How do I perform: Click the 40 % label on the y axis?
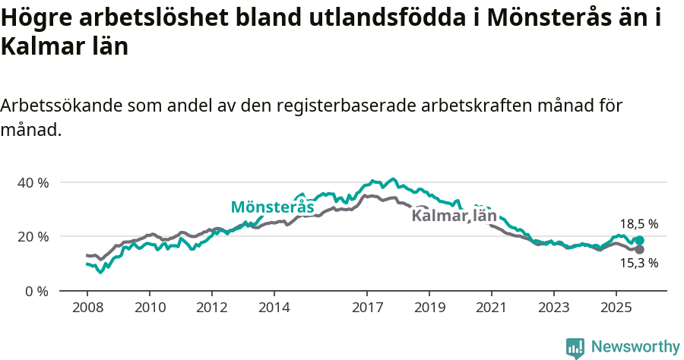tap(33, 183)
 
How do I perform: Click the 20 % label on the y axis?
tap(33, 237)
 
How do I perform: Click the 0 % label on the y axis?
tap(36, 291)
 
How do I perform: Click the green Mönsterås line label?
tap(272, 207)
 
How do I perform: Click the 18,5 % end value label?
tap(638, 224)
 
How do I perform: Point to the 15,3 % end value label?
tap(638, 264)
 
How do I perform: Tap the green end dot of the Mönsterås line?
tap(639, 241)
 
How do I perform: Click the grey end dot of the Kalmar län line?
tap(639, 250)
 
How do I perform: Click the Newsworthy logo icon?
tap(575, 347)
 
